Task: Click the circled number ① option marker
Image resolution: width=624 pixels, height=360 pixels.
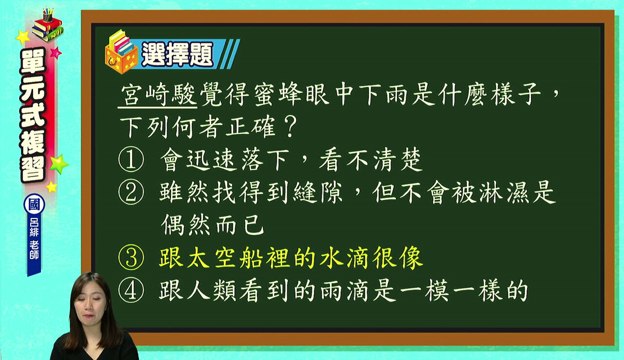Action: coord(131,159)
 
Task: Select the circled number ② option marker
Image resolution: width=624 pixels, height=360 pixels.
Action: coord(131,192)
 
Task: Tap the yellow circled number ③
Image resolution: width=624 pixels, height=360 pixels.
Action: coord(131,257)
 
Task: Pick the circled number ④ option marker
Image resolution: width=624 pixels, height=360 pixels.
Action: coord(131,290)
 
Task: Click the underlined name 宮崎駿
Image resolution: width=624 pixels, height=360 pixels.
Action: coord(157,95)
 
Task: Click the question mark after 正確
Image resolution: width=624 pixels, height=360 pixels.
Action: coord(290,127)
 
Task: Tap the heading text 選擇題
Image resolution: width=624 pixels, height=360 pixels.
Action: coord(177,54)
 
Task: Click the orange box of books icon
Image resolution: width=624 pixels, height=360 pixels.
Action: coord(121,52)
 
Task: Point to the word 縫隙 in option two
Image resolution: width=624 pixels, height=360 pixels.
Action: coord(318,192)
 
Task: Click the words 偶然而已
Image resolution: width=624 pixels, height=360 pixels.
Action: coord(212,225)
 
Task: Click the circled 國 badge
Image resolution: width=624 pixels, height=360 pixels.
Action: coord(34,204)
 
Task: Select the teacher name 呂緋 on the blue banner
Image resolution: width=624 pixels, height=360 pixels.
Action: coord(34,227)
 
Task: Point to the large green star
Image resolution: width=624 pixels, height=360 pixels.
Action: coord(58,164)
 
